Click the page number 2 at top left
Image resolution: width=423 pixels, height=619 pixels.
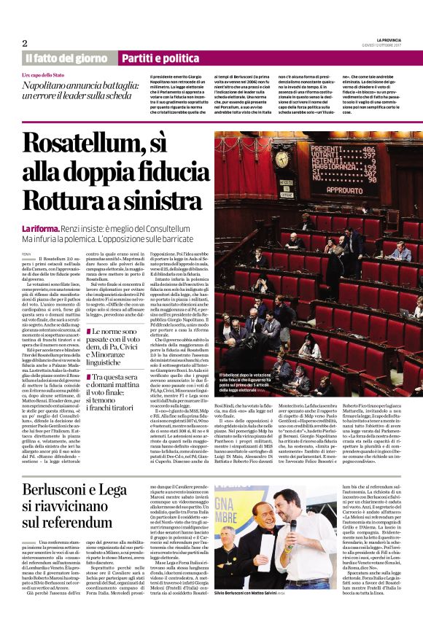[25, 42]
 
